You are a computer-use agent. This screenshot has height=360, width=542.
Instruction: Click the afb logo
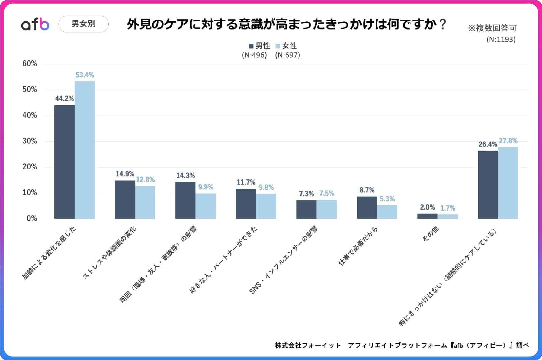[35, 24]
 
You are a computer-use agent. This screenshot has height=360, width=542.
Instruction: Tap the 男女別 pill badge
[84, 24]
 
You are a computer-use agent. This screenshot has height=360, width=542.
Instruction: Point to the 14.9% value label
[125, 174]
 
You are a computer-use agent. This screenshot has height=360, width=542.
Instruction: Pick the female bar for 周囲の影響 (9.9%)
[206, 206]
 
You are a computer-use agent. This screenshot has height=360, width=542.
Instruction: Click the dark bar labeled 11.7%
[246, 204]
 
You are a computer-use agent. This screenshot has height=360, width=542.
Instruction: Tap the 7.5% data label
[326, 193]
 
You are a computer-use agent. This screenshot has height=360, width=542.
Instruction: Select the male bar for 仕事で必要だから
[367, 207]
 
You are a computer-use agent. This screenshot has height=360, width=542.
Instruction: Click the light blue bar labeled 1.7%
[447, 216]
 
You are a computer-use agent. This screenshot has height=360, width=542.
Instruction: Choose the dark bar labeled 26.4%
[488, 185]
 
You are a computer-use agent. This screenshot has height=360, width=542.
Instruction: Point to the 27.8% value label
[508, 141]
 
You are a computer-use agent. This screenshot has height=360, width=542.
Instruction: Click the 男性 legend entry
[259, 46]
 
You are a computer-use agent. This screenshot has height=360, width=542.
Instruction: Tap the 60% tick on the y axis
[30, 63]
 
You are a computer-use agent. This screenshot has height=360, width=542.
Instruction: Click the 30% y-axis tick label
[30, 141]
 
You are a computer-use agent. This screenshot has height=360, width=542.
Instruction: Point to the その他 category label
[431, 234]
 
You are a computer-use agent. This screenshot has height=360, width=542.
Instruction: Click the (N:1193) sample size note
[501, 40]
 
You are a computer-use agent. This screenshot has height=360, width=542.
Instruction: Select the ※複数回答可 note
[492, 28]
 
